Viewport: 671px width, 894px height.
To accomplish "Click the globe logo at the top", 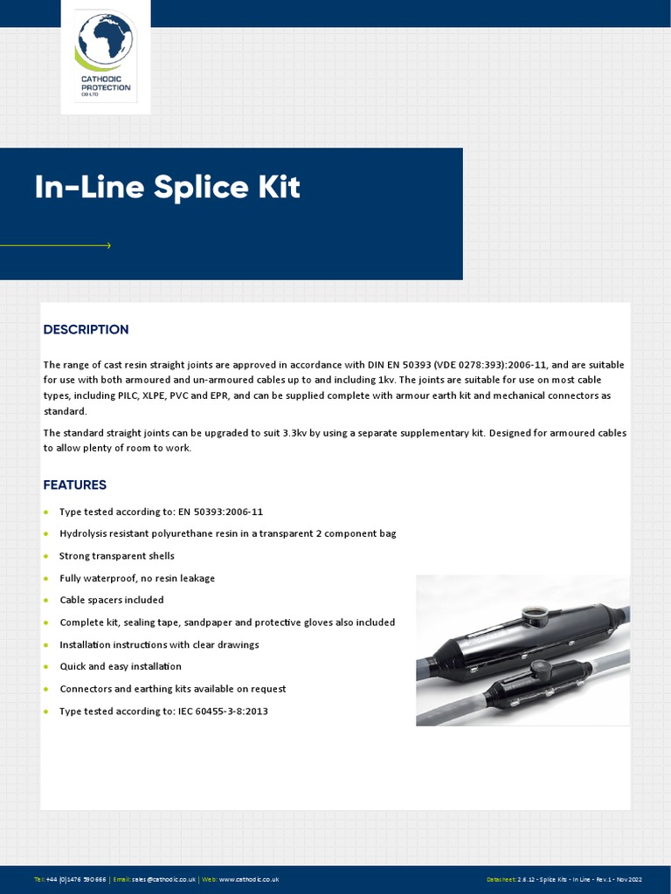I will pyautogui.click(x=105, y=43).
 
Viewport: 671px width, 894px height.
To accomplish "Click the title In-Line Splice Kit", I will pyautogui.click(x=167, y=188).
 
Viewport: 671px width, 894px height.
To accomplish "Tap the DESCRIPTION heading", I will pyautogui.click(x=86, y=329).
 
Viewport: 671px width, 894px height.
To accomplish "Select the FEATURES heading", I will pyautogui.click(x=75, y=485).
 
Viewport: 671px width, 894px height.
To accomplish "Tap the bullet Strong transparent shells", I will pyautogui.click(x=116, y=556).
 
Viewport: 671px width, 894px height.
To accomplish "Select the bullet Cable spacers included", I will pyautogui.click(x=111, y=601).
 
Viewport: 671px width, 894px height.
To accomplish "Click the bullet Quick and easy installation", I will pyautogui.click(x=121, y=667).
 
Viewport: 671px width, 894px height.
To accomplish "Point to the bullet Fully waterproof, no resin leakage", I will pyautogui.click(x=136, y=578).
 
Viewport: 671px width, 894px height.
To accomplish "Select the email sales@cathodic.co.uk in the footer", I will pyautogui.click(x=163, y=879).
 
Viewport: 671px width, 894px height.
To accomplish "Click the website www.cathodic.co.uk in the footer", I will pyautogui.click(x=248, y=879).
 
